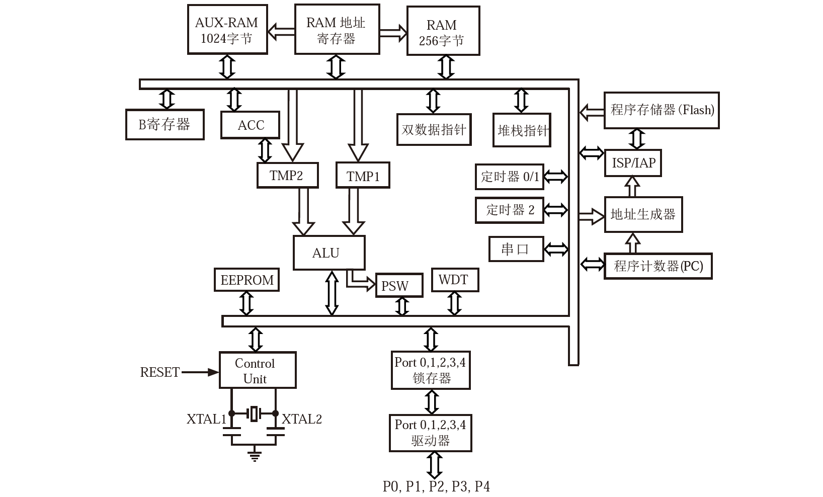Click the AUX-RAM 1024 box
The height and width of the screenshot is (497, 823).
tap(227, 30)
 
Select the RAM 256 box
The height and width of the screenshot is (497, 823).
tap(443, 31)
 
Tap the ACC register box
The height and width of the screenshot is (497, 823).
tap(250, 125)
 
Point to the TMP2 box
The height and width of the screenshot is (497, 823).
tap(287, 176)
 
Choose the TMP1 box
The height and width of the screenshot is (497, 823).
tap(363, 176)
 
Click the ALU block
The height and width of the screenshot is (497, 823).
tap(329, 253)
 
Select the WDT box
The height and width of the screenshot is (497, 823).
tap(455, 280)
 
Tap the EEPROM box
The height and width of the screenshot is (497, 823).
tap(246, 280)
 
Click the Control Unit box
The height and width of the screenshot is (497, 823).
tap(258, 371)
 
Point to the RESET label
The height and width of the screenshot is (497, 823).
tap(159, 372)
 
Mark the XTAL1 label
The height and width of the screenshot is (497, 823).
tap(206, 419)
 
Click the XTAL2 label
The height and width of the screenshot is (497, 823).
tap(302, 419)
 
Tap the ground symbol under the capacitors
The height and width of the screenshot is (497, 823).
tap(255, 456)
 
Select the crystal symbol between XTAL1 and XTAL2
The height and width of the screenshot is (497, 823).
tap(254, 413)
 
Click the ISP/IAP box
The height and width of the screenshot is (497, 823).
tap(633, 163)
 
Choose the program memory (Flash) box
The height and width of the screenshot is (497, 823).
tap(661, 110)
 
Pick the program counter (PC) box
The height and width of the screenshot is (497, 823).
tap(658, 266)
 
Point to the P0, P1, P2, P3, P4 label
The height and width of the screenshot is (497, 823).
tap(436, 486)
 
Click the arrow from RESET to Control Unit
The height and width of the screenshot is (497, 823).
tap(200, 372)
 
